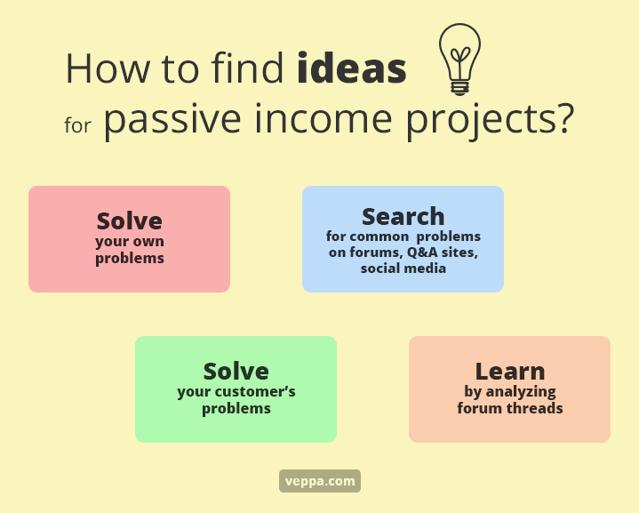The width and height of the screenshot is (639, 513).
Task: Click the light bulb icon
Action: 459,60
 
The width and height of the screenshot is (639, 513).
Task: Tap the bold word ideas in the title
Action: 352,68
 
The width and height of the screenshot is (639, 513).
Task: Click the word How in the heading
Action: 108,68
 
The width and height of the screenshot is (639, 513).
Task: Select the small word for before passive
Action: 77,124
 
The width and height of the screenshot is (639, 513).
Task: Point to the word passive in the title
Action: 172,120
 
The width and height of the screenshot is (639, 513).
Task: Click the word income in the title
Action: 323,118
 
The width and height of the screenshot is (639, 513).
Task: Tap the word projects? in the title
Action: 491,120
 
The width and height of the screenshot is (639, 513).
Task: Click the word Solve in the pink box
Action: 130,221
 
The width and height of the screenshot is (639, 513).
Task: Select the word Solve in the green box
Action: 236,372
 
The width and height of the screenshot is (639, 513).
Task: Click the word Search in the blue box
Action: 403,217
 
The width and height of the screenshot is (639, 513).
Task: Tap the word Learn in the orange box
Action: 510,372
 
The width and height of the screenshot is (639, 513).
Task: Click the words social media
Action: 403,269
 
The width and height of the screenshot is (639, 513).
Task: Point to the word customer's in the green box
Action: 255,392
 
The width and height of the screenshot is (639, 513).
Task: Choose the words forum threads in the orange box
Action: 510,408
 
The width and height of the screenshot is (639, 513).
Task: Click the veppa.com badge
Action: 320,481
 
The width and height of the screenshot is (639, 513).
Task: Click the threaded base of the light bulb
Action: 459,88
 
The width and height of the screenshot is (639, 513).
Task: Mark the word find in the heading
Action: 247,68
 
